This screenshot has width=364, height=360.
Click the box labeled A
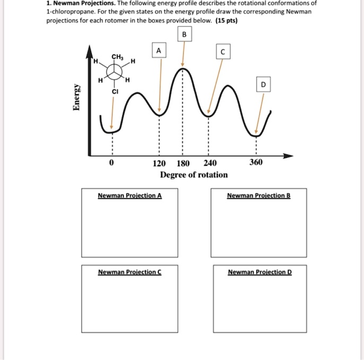pos(158,51)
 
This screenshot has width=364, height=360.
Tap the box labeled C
pos(224,51)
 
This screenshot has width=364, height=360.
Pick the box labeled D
pos(263,85)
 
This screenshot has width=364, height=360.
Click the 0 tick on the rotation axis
pos(111,164)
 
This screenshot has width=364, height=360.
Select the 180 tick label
pos(183,164)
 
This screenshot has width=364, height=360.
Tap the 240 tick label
pos(209,164)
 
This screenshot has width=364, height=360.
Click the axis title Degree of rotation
pos(194,175)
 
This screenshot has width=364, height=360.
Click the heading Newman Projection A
pos(130,195)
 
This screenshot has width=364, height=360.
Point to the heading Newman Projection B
pos(259,195)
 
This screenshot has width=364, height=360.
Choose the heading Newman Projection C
pos(130,272)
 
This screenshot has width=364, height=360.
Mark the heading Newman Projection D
pos(260,272)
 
